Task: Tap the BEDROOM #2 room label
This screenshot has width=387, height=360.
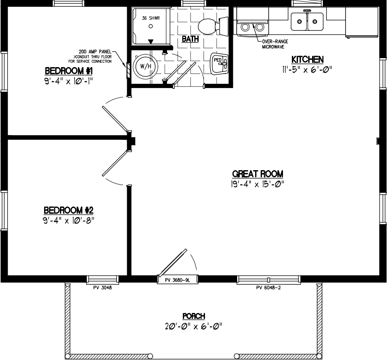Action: click(68, 210)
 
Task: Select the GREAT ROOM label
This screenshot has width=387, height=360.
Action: click(257, 174)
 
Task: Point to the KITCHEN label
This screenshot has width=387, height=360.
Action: click(307, 59)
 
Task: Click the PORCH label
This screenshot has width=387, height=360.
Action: click(193, 316)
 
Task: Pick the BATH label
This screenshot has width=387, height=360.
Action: click(191, 39)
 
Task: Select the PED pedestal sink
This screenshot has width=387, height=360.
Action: click(219, 63)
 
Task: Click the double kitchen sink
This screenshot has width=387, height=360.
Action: click(307, 21)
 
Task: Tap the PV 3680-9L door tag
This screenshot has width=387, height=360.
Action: click(178, 280)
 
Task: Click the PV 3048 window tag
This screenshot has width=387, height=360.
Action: click(102, 288)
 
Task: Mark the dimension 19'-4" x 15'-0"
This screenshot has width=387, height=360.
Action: click(257, 184)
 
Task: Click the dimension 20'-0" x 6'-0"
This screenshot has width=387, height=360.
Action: click(193, 326)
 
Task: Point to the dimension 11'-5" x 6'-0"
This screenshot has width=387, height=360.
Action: click(307, 69)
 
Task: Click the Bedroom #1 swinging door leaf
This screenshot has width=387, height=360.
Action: click(115, 119)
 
